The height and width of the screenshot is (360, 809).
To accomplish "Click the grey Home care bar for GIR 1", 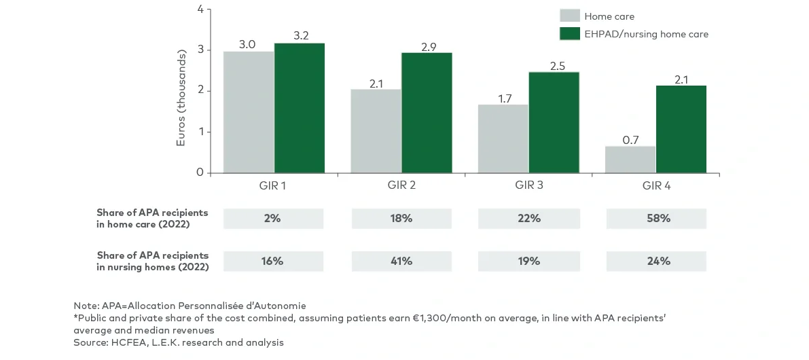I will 249,112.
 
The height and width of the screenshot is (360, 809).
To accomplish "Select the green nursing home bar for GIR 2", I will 427,113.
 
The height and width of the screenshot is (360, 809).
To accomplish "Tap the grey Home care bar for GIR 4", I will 630,160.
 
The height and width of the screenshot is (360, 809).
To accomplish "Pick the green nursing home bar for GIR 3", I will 554,122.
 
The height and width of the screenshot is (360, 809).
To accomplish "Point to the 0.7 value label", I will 630,140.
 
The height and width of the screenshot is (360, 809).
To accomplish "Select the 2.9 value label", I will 428,47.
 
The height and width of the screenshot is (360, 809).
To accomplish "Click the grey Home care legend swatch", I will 569,16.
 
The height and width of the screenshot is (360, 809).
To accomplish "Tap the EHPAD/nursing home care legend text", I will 646,34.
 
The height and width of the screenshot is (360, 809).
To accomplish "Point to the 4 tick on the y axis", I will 200,9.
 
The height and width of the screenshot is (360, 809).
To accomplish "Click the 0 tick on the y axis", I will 200,173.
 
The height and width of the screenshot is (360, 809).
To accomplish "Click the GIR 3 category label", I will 528,185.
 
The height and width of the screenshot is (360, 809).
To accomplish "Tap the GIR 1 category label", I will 274,185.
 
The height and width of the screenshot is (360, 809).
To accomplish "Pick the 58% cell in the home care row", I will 657,219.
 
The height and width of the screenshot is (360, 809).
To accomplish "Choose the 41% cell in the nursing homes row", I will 401,261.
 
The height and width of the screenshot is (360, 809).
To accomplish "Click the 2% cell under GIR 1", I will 273,219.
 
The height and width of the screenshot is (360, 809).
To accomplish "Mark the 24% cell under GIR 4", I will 657,261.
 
